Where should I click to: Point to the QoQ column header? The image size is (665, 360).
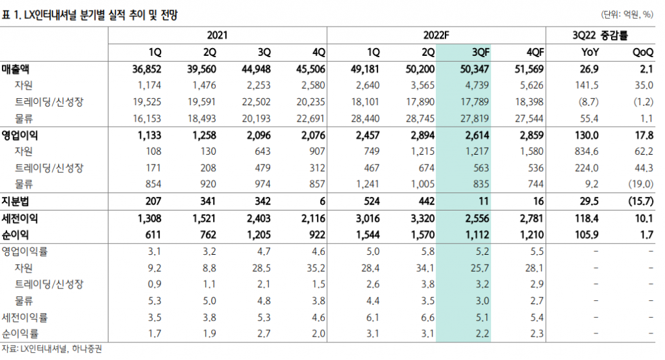coord(642,51)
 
